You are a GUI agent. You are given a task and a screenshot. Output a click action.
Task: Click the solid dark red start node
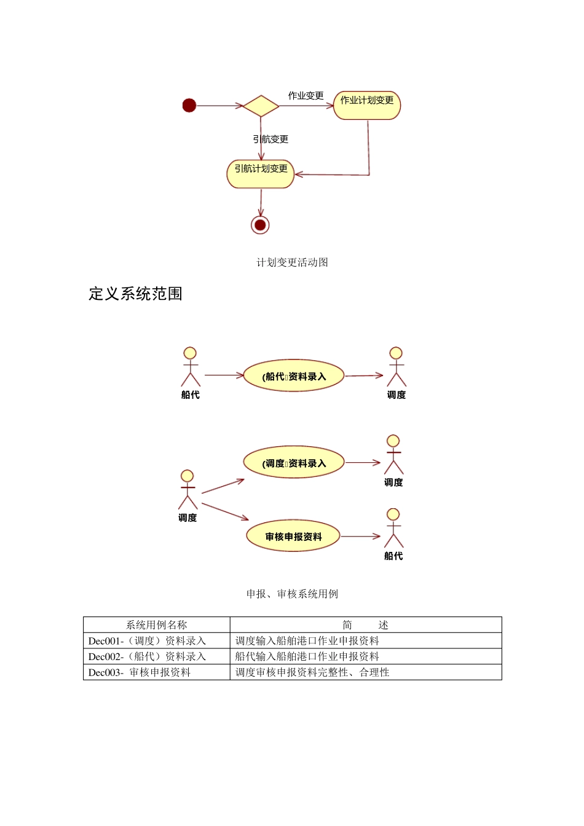pos(189,106)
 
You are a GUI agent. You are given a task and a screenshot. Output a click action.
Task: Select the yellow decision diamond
pos(261,106)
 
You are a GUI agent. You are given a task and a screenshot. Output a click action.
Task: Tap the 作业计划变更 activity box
pos(367,105)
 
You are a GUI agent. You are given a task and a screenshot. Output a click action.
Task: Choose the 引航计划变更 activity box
pos(261,174)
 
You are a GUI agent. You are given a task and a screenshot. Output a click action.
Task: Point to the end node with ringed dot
pos(260,225)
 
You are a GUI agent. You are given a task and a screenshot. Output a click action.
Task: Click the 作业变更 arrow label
pos(306,95)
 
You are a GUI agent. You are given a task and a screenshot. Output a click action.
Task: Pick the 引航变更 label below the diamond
pos(270,140)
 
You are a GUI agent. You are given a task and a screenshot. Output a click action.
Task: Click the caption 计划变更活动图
pos(292,262)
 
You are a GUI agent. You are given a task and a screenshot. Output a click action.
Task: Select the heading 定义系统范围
pos(135,294)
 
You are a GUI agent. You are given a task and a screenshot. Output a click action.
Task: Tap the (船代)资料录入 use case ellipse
pos(293,376)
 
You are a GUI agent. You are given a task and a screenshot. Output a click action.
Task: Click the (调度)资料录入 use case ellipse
pos(293,463)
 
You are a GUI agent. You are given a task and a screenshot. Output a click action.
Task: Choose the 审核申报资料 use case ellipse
pos(293,537)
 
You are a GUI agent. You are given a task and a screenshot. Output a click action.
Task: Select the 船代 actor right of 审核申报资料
pos(393,529)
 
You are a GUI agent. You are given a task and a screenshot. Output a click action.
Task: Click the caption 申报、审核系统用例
pos(292,594)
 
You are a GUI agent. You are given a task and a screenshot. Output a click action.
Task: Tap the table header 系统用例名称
pos(157,625)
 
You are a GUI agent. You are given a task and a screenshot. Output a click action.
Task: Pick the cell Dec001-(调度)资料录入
pos(148,641)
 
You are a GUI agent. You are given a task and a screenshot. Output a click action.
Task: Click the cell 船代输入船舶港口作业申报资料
pos(307,656)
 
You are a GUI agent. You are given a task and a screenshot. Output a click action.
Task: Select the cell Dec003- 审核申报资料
pos(140,672)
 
